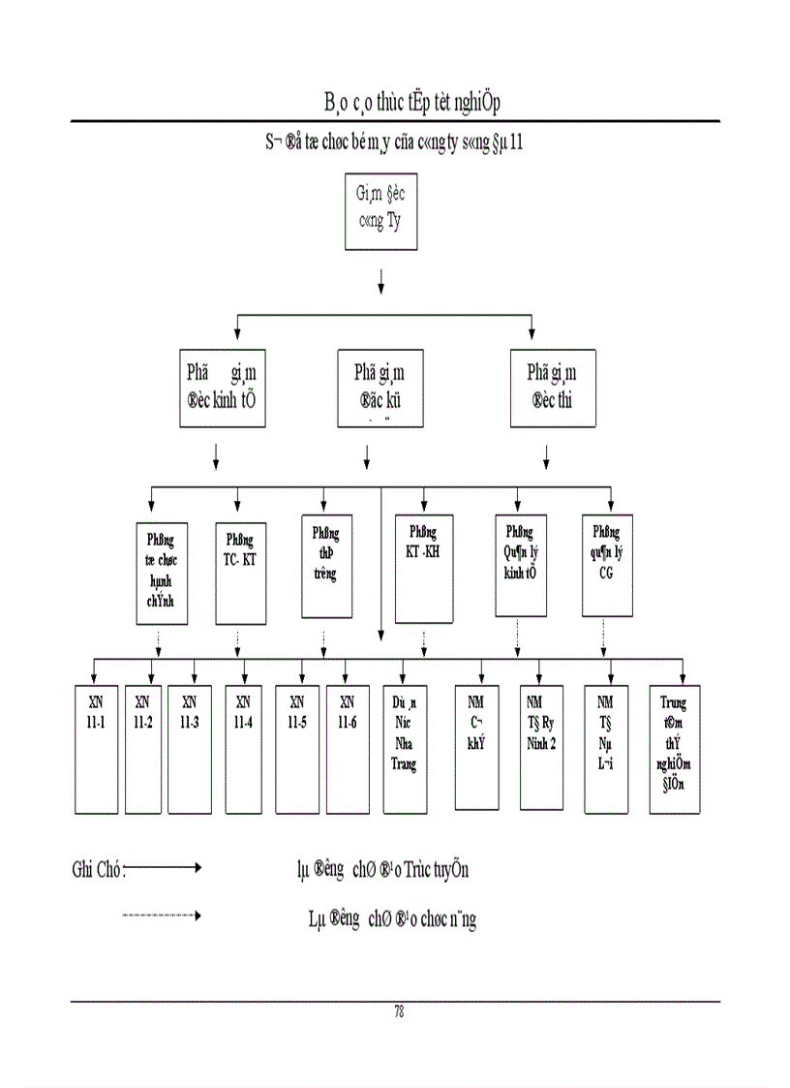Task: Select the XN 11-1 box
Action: click(97, 748)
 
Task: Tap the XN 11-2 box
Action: click(143, 748)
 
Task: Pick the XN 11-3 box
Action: click(190, 748)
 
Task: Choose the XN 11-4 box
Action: click(244, 748)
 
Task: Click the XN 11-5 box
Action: click(298, 748)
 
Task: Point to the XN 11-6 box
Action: click(348, 748)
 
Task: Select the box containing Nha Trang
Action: click(405, 748)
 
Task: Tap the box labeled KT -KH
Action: click(424, 573)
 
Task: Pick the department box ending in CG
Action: click(607, 567)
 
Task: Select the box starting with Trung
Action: click(674, 748)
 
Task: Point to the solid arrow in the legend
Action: click(162, 868)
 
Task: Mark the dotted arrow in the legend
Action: click(162, 915)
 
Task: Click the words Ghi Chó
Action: click(97, 870)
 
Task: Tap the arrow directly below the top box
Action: click(381, 281)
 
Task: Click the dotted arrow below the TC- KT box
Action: click(238, 641)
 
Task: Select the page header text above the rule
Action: click(411, 102)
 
